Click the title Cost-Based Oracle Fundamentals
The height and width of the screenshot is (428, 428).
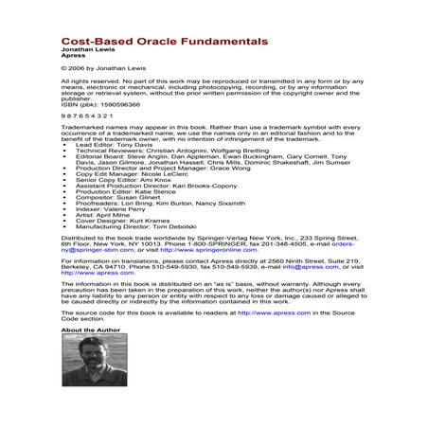pos(147,43)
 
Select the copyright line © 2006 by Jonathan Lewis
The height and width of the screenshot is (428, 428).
pos(102,70)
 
